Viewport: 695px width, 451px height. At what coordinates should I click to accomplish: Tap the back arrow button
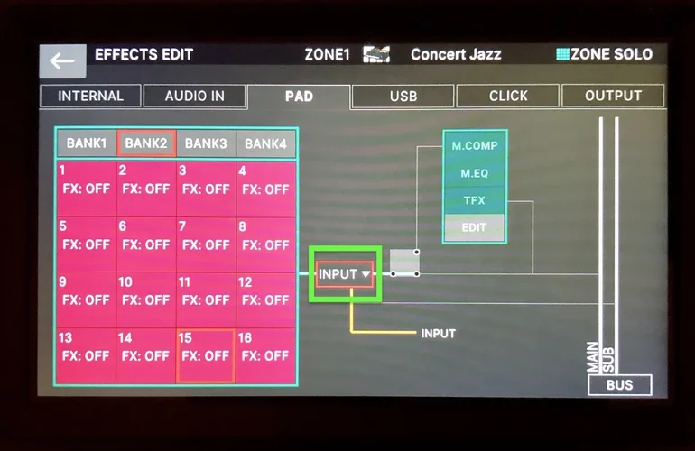coord(62,60)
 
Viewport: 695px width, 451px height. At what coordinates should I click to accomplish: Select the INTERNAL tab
coord(90,96)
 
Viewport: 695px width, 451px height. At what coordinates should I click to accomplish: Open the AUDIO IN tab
coord(194,96)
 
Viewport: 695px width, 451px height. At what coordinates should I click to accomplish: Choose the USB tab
coord(403,96)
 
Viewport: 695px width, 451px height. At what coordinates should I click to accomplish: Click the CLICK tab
coord(508,96)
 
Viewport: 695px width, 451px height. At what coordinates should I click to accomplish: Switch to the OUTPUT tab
coord(613,96)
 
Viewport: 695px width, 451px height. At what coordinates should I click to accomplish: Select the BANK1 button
coord(87,143)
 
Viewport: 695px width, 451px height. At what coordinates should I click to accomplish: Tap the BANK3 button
coord(206,143)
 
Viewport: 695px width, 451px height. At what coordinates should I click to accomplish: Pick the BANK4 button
coord(265,143)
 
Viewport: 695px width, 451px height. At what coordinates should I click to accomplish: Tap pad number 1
coord(87,189)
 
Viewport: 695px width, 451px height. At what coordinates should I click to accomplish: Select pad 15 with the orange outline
coord(206,355)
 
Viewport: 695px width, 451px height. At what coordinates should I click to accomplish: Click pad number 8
coord(265,244)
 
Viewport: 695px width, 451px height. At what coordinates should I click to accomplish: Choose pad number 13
coord(87,355)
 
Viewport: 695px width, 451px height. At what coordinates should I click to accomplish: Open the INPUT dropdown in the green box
coord(345,274)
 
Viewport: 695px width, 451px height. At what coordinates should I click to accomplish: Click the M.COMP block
coord(475,145)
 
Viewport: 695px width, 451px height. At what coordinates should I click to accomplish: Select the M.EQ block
coord(475,173)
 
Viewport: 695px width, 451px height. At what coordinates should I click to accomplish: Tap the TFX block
coord(475,200)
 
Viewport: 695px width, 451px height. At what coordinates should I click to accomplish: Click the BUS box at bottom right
coord(619,385)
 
